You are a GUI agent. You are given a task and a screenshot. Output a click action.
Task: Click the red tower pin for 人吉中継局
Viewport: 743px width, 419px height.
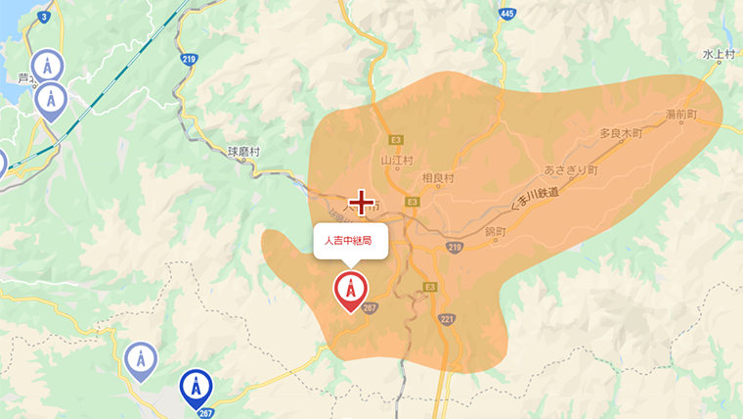tap(350, 291)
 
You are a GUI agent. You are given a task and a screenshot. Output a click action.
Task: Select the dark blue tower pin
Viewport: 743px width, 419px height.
tap(196, 388)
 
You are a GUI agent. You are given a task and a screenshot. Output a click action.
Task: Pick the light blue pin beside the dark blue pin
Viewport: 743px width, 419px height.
tap(141, 360)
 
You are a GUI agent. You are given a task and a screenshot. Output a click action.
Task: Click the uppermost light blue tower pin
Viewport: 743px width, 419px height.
tap(46, 67)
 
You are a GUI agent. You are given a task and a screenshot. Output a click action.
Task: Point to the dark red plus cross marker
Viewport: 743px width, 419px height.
tap(363, 203)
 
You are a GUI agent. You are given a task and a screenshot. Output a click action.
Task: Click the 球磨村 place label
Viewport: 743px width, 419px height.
tap(243, 152)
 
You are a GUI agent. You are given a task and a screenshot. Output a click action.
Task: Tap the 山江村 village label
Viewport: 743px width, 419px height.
tap(398, 161)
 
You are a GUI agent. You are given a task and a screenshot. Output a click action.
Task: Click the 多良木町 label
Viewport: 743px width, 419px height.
tap(620, 132)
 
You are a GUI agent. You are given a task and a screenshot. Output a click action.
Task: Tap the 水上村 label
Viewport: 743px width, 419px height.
tap(718, 56)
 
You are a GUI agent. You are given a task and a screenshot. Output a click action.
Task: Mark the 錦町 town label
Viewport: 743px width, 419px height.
tap(497, 232)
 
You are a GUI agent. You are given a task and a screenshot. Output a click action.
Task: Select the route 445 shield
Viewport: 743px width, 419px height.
tap(505, 13)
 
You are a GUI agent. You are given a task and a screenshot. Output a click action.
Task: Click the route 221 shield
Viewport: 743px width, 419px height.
tap(448, 319)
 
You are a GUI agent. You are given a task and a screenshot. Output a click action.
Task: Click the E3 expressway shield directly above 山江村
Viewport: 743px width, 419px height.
tap(396, 140)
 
